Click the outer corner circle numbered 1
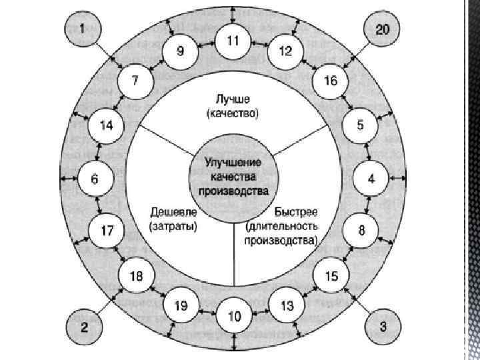tap(83, 29)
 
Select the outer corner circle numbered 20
tap(383, 29)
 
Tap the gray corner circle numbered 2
tap(83, 327)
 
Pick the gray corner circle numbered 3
tap(383, 327)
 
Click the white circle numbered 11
tap(233, 41)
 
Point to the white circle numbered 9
tap(180, 51)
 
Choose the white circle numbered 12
tap(285, 51)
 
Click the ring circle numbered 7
tap(135, 82)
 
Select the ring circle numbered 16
tap(331, 82)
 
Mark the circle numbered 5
tap(360, 125)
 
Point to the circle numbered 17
tap(107, 231)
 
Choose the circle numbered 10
tap(233, 317)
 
